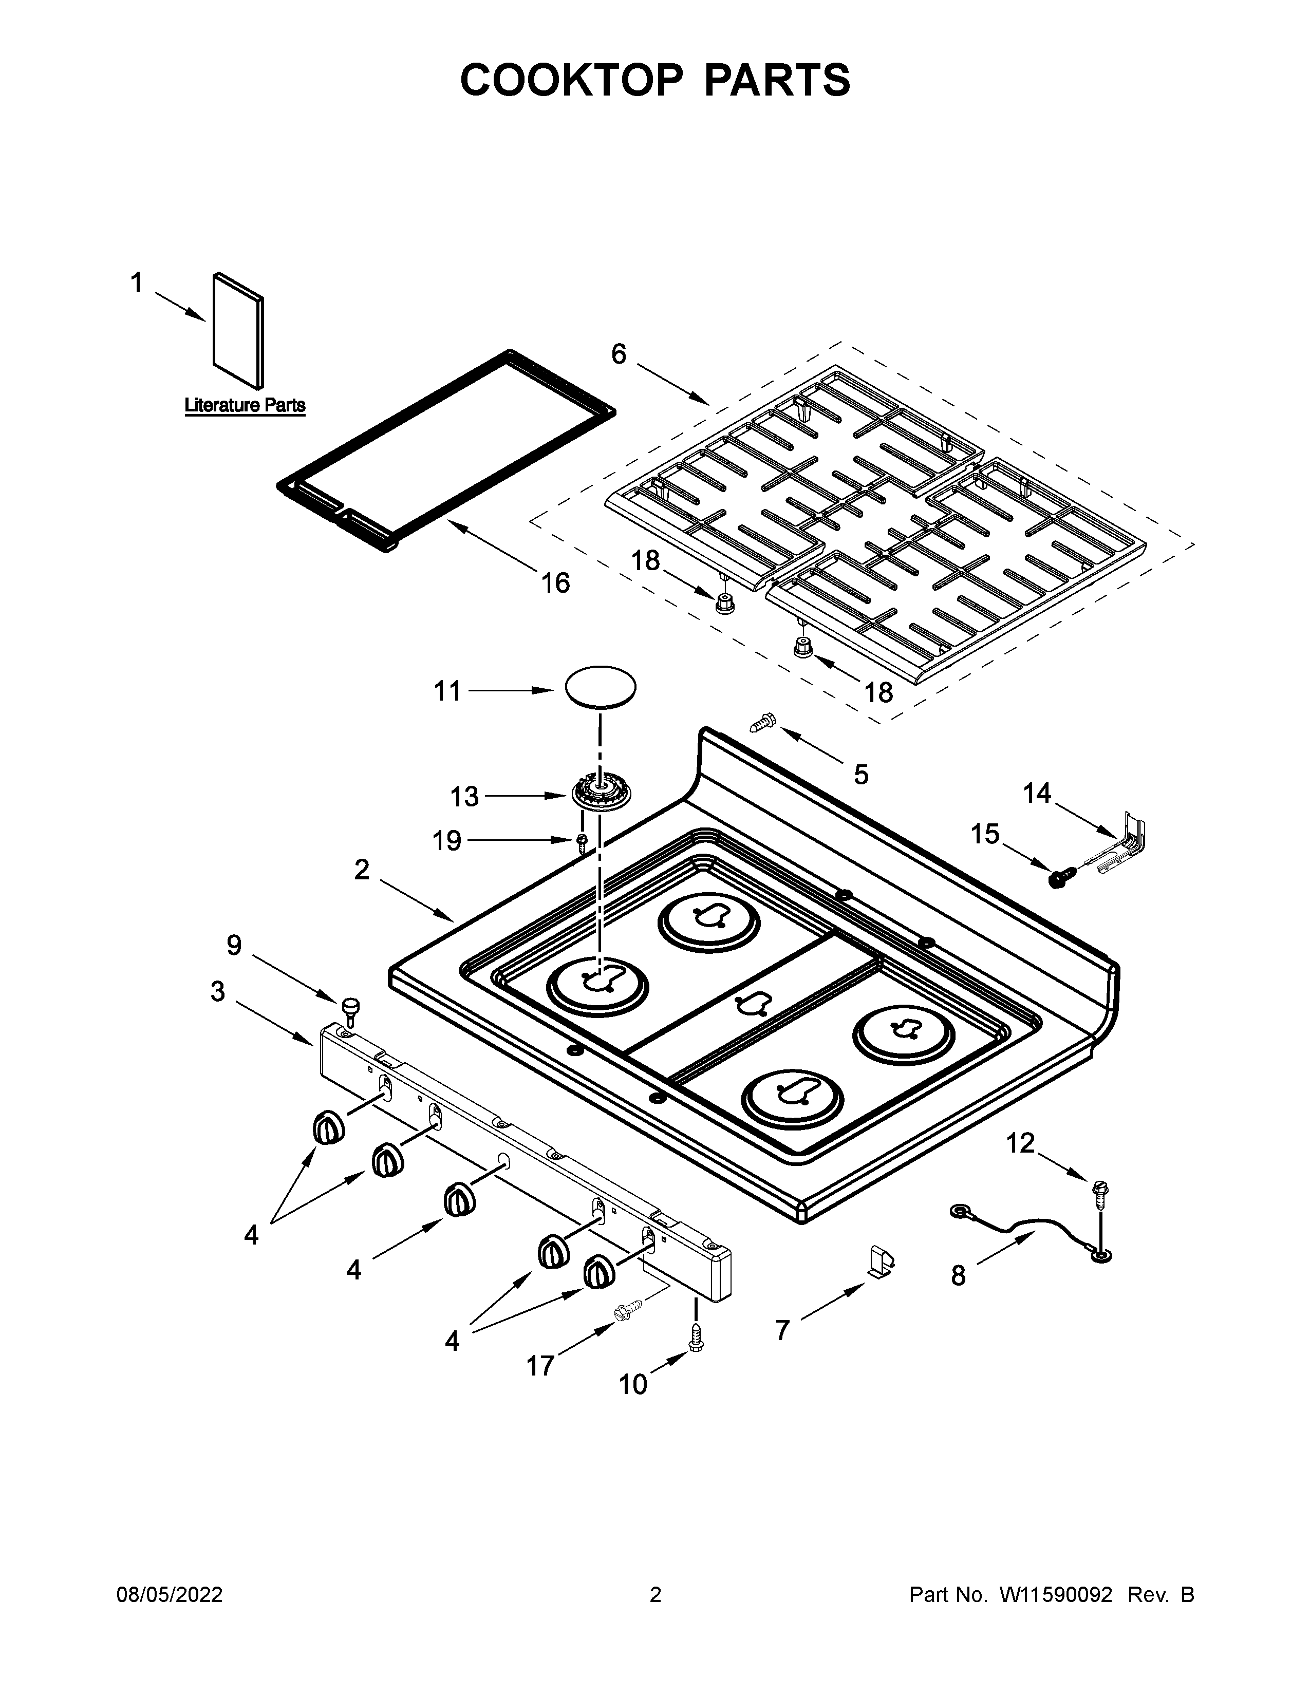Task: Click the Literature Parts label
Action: tap(245, 405)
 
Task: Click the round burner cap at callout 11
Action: tap(600, 687)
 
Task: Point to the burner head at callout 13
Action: tap(602, 794)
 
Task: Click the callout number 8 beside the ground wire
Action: tap(959, 1275)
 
